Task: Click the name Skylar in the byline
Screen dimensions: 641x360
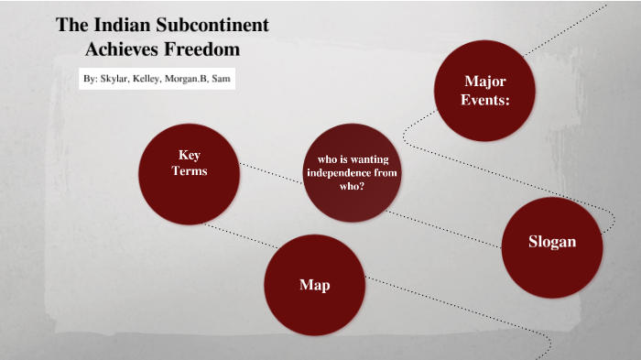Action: (114, 80)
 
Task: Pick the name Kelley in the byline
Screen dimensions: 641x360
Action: (148, 80)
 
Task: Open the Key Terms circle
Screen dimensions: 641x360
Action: (189, 172)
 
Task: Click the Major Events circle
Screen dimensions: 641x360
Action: (483, 92)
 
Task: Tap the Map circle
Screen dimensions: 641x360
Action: (314, 284)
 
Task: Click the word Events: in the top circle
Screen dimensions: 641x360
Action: (485, 101)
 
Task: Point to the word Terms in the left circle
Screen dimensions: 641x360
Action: (190, 171)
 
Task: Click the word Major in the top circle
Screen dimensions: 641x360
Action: (485, 82)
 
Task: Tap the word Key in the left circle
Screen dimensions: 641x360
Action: (190, 155)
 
